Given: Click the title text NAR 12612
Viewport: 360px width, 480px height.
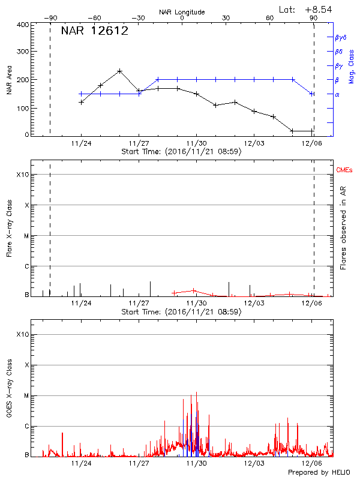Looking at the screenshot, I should (x=95, y=32).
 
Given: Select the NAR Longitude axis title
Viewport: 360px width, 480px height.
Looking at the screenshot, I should (x=182, y=11).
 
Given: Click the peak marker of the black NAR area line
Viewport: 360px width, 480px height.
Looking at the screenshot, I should (x=120, y=71).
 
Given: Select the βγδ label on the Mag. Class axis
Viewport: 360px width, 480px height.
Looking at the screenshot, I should (x=340, y=37).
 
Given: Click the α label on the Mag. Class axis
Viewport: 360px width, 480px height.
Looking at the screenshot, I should (x=337, y=94).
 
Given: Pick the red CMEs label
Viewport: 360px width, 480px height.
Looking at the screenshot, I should (x=344, y=171).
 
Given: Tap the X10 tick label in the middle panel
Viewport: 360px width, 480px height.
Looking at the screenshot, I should (x=22, y=175).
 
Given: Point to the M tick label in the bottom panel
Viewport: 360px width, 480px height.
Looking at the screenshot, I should (x=26, y=395).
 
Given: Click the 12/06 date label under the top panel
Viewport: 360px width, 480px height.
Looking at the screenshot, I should (x=311, y=144).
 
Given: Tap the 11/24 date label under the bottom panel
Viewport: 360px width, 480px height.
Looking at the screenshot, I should (x=81, y=463).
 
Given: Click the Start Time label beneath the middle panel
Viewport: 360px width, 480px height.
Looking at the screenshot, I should (x=181, y=312).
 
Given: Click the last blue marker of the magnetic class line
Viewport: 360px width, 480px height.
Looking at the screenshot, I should (x=312, y=94).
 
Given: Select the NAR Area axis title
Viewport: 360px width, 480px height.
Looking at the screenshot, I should (x=9, y=80).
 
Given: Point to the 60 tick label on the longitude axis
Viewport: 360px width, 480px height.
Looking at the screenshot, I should (x=270, y=18).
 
